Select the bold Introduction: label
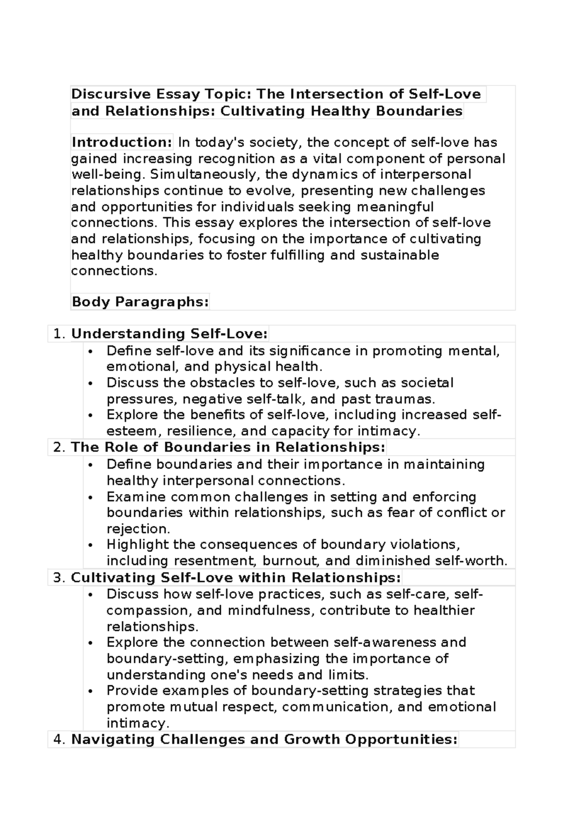click(x=122, y=142)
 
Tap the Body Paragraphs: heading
click(x=140, y=302)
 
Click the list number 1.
click(x=58, y=334)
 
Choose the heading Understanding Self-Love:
click(x=169, y=334)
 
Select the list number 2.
click(x=59, y=448)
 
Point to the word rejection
click(x=138, y=529)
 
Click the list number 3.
click(x=59, y=578)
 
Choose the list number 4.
click(x=59, y=740)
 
